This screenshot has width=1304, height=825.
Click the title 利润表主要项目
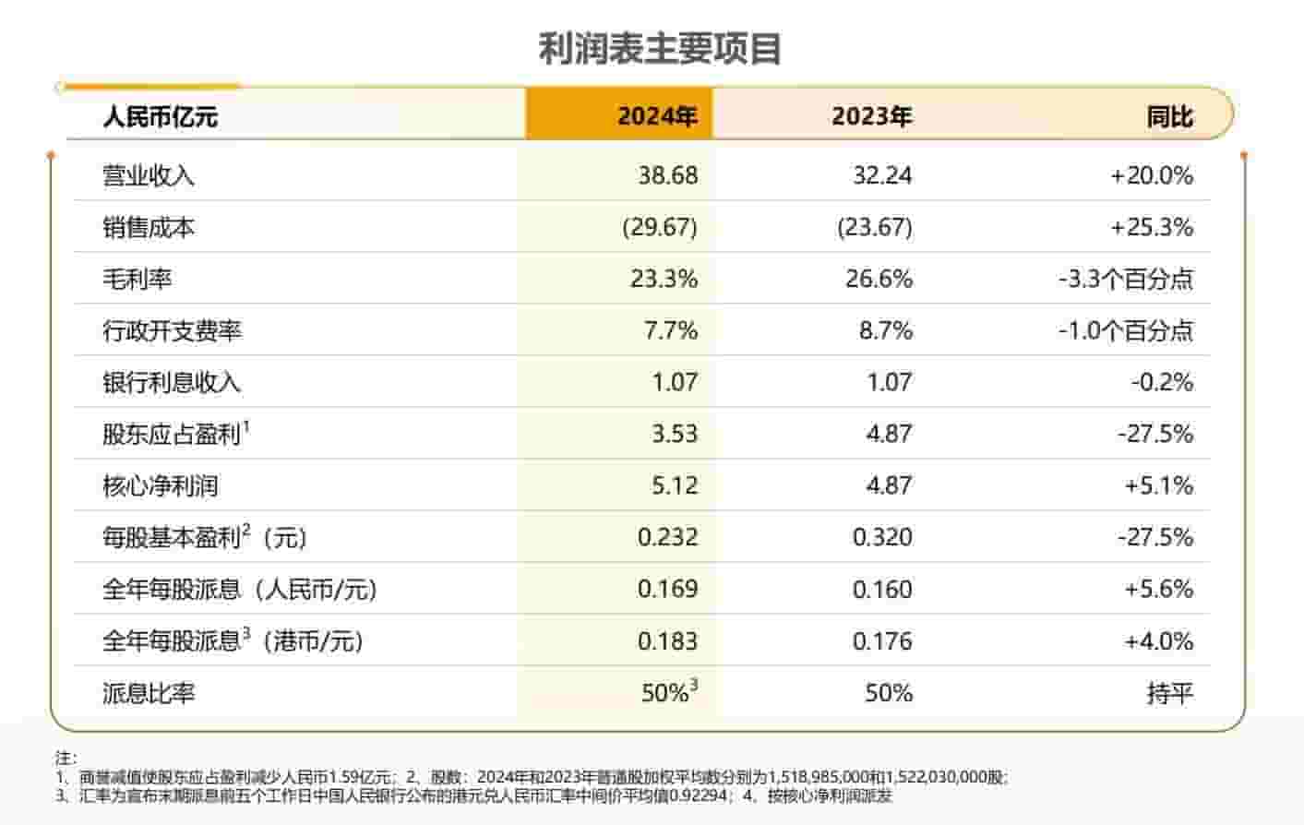(660, 49)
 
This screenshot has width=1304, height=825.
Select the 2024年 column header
(657, 116)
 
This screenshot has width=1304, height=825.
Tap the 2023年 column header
(871, 116)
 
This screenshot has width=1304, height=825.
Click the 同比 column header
(1169, 116)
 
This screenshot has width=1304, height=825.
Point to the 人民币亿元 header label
(161, 117)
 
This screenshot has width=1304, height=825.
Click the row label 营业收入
(149, 175)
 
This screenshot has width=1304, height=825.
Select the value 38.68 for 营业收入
(667, 175)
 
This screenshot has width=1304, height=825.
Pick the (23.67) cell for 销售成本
(874, 227)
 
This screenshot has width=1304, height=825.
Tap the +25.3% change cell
(1152, 227)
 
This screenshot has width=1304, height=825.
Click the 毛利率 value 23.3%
(664, 279)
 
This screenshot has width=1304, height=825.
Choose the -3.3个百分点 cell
(1126, 279)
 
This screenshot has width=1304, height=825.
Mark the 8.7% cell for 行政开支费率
(885, 330)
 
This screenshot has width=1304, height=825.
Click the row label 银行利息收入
(172, 382)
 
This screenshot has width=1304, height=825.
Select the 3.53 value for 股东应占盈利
(675, 434)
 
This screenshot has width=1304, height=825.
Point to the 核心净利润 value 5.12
(675, 485)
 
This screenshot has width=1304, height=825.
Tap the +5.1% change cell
(1158, 485)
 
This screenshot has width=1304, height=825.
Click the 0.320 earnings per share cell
(882, 537)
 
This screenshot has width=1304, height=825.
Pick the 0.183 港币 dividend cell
(667, 640)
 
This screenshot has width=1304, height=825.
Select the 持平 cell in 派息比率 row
(1169, 692)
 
